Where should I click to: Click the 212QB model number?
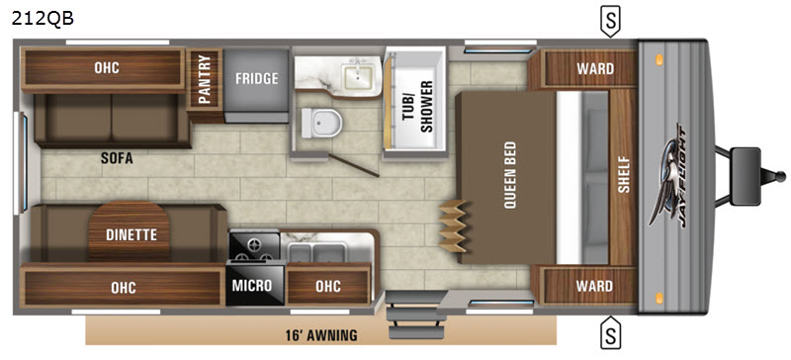[x=43, y=18]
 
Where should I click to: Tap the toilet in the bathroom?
[x=321, y=123]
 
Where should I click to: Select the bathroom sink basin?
[x=357, y=76]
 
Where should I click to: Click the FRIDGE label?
[x=257, y=78]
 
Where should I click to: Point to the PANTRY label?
[x=205, y=79]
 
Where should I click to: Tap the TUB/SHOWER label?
[x=418, y=107]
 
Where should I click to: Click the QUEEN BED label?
[x=509, y=176]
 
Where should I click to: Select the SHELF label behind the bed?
[x=624, y=175]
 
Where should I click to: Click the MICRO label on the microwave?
[x=252, y=285]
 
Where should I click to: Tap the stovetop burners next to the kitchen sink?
[x=254, y=246]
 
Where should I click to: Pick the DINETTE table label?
[x=132, y=234]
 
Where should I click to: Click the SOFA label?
[x=117, y=158]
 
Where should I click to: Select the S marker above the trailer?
[x=610, y=22]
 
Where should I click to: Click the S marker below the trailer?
[x=610, y=331]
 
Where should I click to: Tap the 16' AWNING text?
[x=320, y=334]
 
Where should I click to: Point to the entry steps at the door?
[x=414, y=315]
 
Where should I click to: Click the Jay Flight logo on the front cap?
[x=669, y=175]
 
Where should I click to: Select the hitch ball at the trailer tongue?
[x=780, y=176]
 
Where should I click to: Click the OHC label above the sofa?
[x=107, y=67]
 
